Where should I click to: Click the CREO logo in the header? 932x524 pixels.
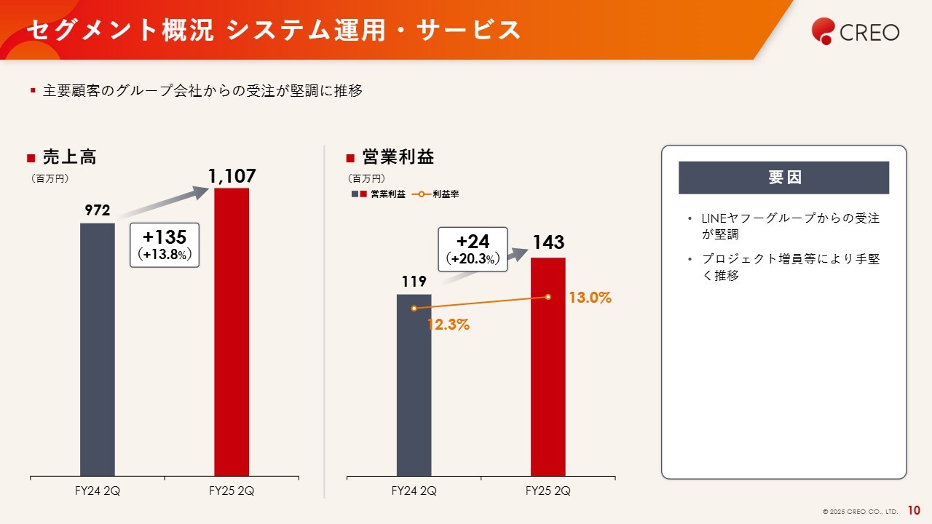coord(856,31)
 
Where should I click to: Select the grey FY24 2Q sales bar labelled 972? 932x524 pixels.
coord(98,349)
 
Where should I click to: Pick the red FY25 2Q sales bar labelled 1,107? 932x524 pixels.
coord(232,332)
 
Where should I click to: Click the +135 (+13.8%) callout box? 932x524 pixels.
coord(165,245)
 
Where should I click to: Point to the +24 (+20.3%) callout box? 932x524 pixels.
coord(473,250)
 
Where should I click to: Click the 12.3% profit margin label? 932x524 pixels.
coord(448,325)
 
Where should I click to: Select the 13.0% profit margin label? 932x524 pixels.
coord(590,298)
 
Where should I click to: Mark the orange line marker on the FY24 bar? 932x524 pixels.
coord(414,309)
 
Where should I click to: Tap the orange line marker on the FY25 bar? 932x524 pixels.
coord(548,296)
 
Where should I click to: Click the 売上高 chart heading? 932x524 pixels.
coord(69,157)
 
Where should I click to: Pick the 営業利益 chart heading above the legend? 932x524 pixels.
coord(398,157)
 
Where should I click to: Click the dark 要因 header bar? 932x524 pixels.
coord(783,178)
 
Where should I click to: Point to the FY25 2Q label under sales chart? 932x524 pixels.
coord(232,491)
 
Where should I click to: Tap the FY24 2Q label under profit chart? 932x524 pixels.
coord(414,491)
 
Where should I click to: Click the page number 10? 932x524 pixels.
coord(914,511)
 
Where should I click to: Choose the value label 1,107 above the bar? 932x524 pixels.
coord(232,176)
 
